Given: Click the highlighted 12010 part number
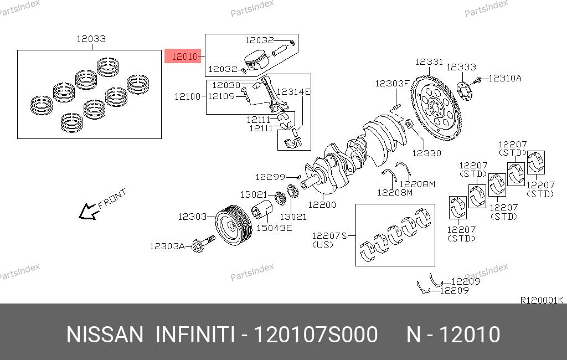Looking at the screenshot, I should pyautogui.click(x=183, y=56).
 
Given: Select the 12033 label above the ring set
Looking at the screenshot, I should pyautogui.click(x=91, y=39).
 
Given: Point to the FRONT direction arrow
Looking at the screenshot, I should pyautogui.click(x=87, y=211).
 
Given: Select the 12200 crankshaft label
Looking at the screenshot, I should pyautogui.click(x=322, y=204).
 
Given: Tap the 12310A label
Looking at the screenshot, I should pyautogui.click(x=504, y=79).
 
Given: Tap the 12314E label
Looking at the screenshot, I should pyautogui.click(x=293, y=91).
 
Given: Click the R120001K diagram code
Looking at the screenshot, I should pyautogui.click(x=542, y=300).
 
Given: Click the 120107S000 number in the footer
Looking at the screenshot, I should pyautogui.click(x=316, y=335).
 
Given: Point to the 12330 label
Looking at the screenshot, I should pyautogui.click(x=426, y=152).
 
